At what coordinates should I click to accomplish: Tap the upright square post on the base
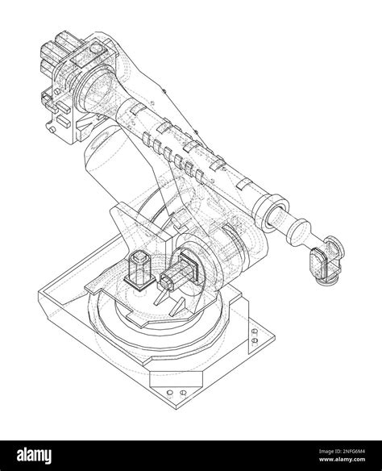[x=139, y=270]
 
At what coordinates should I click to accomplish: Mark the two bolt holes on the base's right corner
[x=256, y=336]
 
